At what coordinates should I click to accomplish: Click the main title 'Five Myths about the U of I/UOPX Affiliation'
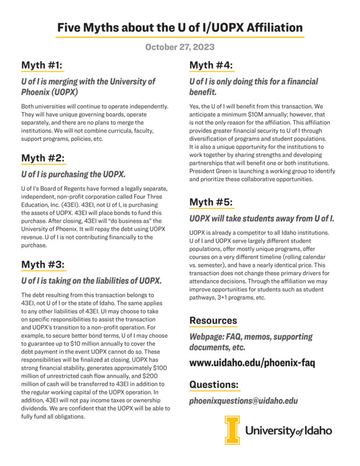coord(179,27)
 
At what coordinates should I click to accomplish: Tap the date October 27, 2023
coord(179,47)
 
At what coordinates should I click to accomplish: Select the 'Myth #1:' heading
coord(41,64)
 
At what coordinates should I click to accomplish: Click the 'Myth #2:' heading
coord(43,158)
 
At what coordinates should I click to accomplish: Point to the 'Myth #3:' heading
coord(43,264)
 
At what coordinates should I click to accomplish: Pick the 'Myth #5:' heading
coord(211,202)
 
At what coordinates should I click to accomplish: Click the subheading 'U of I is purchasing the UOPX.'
coord(73,174)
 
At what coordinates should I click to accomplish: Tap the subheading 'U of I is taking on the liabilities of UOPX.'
coord(91,281)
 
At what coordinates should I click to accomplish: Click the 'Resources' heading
coord(213,320)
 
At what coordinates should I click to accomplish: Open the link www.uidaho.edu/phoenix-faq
coord(252,363)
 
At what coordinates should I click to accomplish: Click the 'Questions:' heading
coord(214,384)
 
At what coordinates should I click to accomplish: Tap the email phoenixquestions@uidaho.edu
coord(243,401)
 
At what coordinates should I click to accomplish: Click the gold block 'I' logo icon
coord(233,430)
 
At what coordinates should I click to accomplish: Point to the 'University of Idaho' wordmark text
coord(288,431)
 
